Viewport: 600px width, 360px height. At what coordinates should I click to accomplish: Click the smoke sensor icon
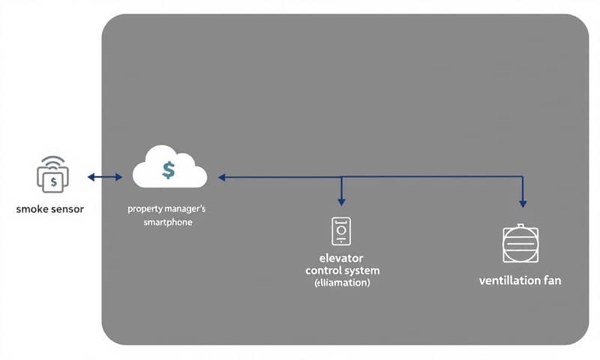coord(52,177)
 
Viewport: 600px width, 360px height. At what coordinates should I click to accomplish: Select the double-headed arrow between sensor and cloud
coord(104,177)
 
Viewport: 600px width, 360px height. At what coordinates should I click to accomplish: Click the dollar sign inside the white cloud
coord(169,170)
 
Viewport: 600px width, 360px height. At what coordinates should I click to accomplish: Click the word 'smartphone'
coord(169,223)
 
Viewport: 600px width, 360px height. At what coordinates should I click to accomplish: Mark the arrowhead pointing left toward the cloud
coord(223,178)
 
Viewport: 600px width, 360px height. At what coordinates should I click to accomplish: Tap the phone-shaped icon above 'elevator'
coord(341,231)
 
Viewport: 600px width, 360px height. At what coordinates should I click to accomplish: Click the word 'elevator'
coord(342,258)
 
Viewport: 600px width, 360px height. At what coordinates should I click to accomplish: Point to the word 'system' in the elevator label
coord(362,270)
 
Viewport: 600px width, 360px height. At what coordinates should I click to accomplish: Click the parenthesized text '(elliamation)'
coord(342,283)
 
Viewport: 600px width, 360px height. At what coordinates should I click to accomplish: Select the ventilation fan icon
coord(521,244)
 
